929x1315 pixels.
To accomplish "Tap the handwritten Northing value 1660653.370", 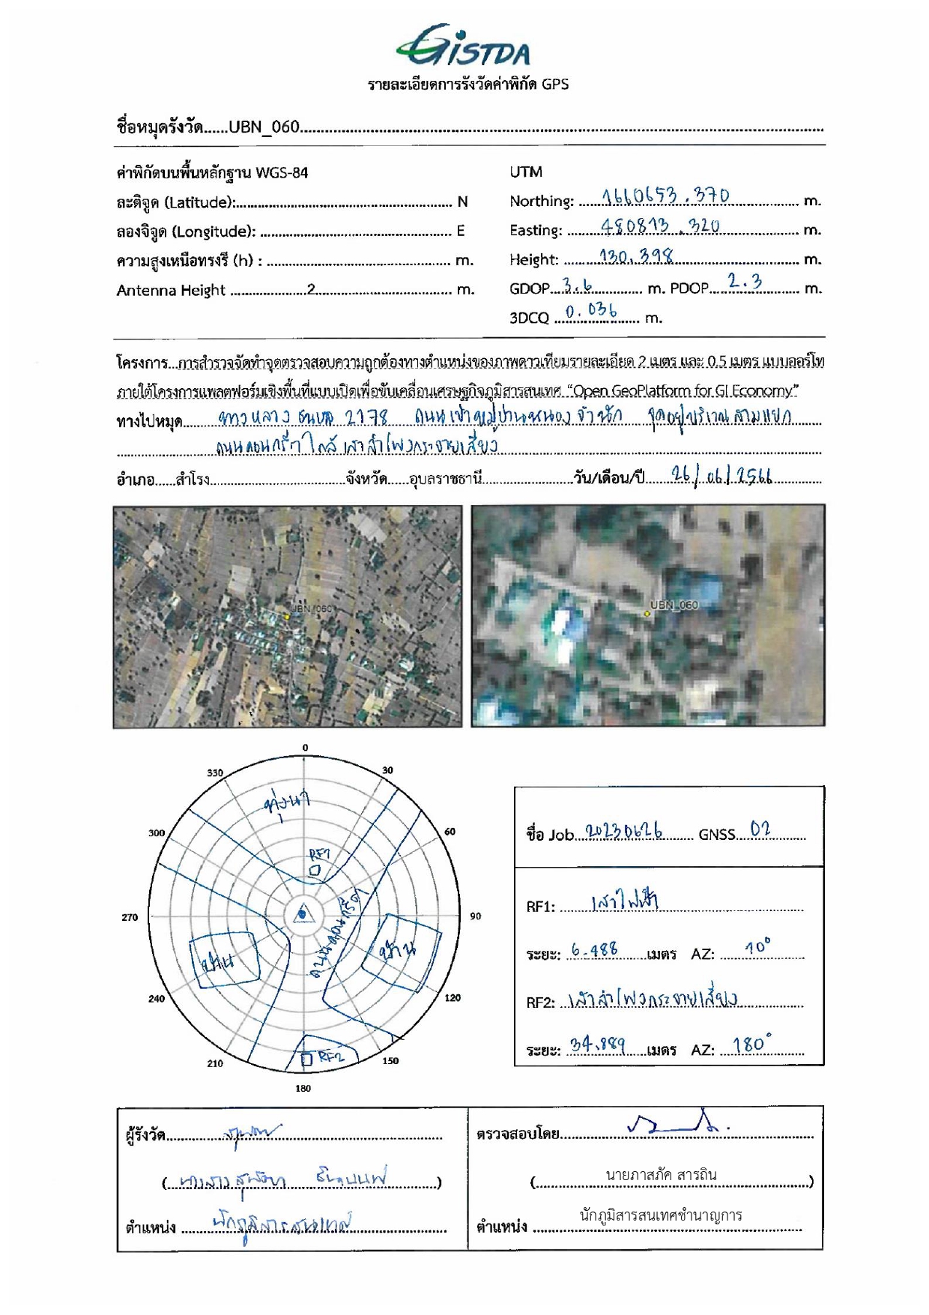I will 665,196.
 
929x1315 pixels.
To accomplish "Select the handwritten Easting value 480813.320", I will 659,226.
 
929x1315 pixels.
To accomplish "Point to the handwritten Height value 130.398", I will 635,256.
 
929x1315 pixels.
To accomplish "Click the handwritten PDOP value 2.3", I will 745,282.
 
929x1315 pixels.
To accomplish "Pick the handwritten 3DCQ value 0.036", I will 591,310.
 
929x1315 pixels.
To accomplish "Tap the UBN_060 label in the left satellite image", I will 311,608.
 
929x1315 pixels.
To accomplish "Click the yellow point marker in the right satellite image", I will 647,614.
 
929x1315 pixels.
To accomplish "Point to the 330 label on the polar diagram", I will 215,773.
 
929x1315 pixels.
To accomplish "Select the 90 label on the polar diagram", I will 476,916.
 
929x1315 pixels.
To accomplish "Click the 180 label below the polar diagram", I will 303,1088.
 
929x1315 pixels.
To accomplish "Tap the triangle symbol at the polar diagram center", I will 302,913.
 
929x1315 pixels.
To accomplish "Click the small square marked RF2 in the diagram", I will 306,1059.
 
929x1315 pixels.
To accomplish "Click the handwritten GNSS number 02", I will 760,829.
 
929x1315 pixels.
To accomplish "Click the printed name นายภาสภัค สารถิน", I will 661,1175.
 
